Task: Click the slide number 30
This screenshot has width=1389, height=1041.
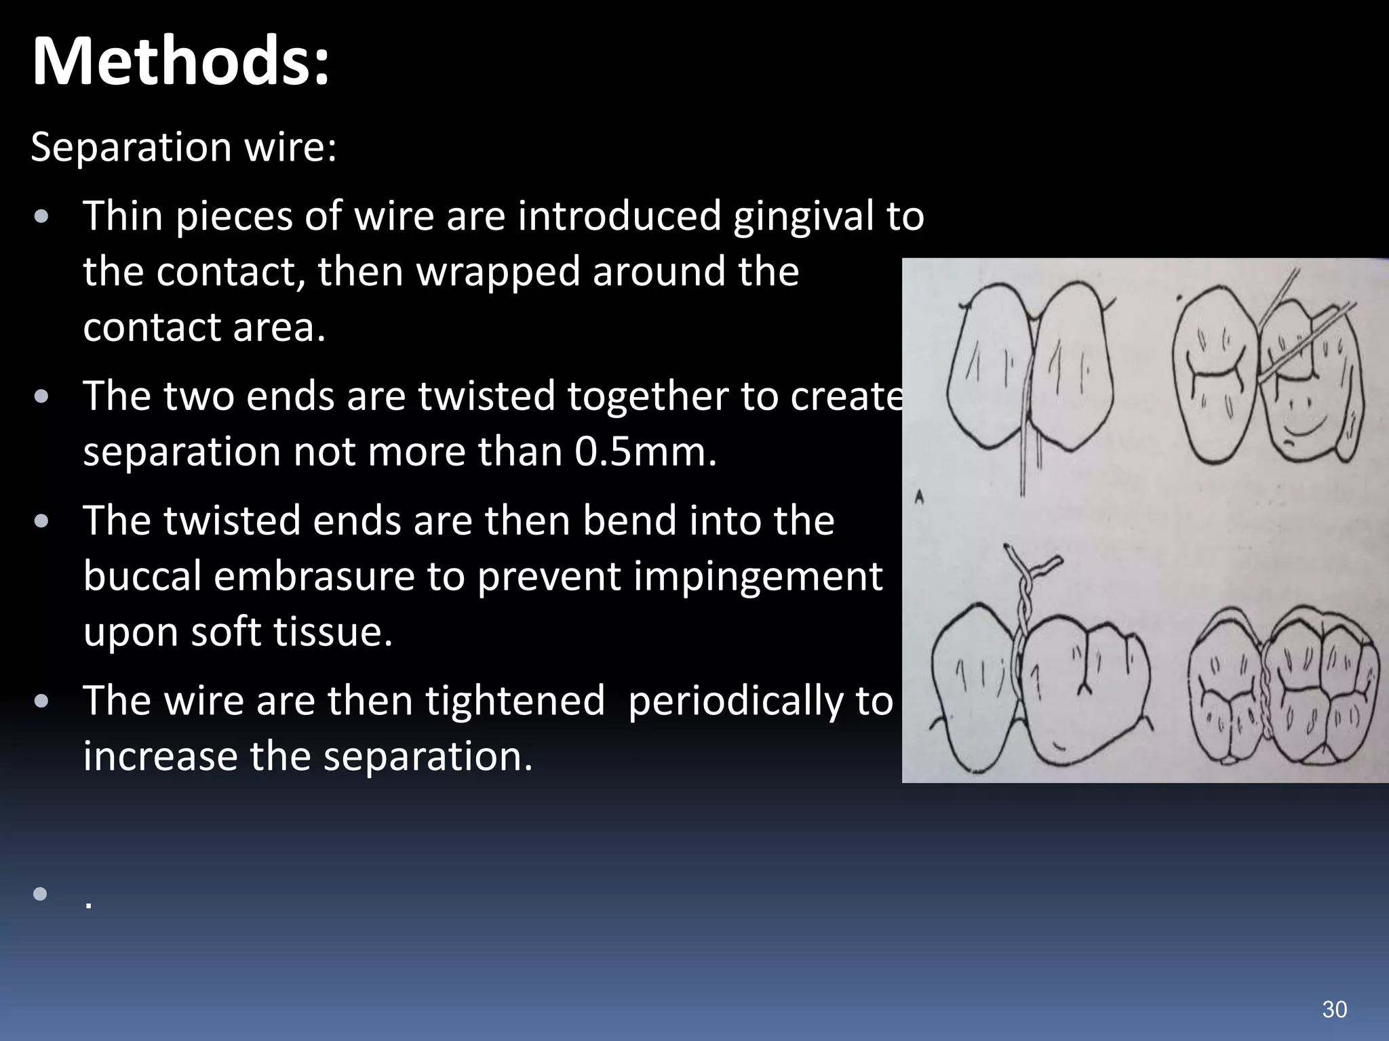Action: [x=1334, y=1009]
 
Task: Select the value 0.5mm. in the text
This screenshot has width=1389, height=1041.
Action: [x=645, y=452]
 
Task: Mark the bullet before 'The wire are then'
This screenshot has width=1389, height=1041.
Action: [x=41, y=701]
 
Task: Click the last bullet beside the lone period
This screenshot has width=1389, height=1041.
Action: [x=40, y=894]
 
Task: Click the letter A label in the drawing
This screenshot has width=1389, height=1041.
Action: [x=920, y=498]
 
